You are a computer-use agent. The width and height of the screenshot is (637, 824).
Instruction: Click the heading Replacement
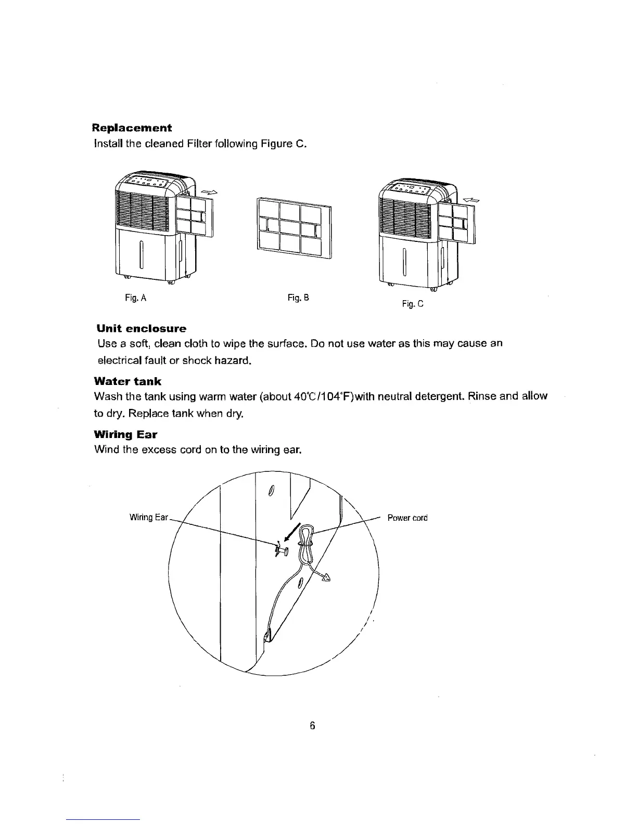[132, 127]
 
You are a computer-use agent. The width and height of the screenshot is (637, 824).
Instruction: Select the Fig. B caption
[298, 298]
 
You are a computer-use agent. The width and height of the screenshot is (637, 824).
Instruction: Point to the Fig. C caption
[413, 304]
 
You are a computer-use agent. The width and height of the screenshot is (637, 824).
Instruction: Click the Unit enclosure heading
[142, 329]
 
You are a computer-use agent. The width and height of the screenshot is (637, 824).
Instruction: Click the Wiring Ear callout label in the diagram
[149, 517]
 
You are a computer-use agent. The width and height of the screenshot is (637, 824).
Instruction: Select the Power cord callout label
[407, 518]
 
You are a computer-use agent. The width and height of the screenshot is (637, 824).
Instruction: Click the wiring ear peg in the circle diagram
[282, 549]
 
